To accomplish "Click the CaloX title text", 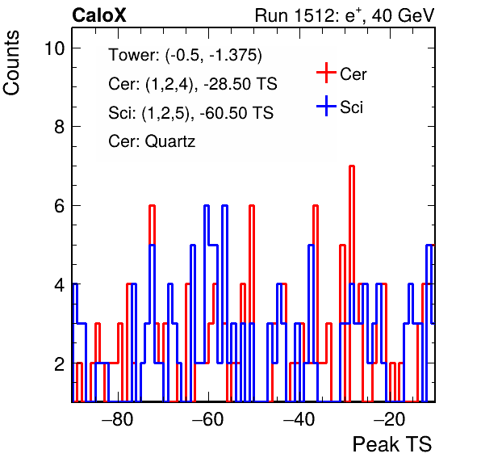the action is pos(98,15).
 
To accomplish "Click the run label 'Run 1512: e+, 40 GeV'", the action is pos(345,15).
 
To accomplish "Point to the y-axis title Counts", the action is pos(11,63).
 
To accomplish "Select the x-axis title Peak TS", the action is pos(392,444).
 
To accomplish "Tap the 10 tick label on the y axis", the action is pos(55,48).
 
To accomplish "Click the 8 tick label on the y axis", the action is pos(60,127).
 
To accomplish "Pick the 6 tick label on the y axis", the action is pos(60,205).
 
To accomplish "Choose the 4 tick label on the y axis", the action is pos(60,284).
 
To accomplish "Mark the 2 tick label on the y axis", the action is pos(60,363).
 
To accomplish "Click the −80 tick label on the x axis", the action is pos(118,419).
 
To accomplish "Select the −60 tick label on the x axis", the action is pos(208,419).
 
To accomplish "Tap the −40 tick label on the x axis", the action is pos(299,419).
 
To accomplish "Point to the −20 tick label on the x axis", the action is pos(390,419).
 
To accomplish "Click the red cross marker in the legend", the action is pos(326,73).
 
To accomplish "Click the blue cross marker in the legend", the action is pos(326,106).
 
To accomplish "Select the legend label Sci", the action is pos(352,107).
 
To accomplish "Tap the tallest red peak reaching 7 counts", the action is pos(352,166).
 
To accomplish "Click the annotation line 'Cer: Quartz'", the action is pos(152,141).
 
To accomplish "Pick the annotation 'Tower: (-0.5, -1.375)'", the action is pos(186,55).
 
